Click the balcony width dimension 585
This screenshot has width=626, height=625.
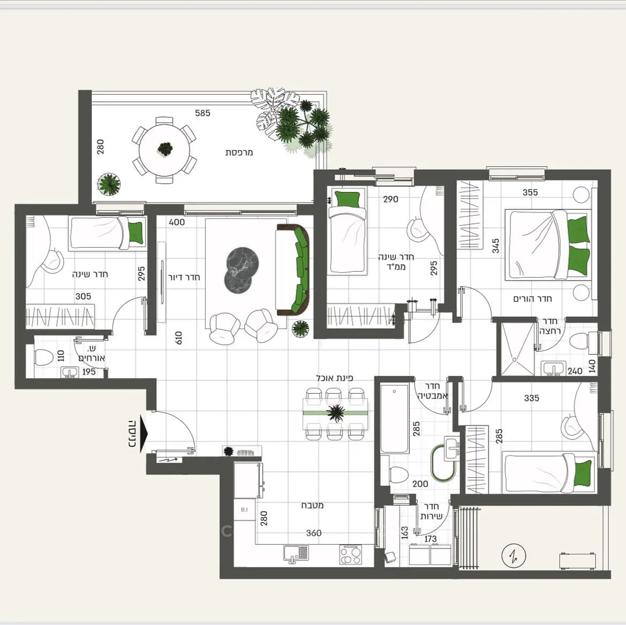coord(202,113)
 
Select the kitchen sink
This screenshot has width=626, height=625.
coord(296,554)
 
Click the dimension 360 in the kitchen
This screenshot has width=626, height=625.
coord(314,533)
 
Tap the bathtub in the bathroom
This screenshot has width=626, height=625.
coord(394,418)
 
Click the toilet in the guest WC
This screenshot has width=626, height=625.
coord(43,356)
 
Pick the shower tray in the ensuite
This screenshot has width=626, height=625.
coord(517,349)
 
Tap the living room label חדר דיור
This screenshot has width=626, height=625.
coord(183,277)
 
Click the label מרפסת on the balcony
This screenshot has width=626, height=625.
coord(239,152)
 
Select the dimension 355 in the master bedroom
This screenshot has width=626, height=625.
coord(530,192)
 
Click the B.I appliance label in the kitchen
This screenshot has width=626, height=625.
coord(245,509)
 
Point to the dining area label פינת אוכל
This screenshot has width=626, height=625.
coord(334,378)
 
